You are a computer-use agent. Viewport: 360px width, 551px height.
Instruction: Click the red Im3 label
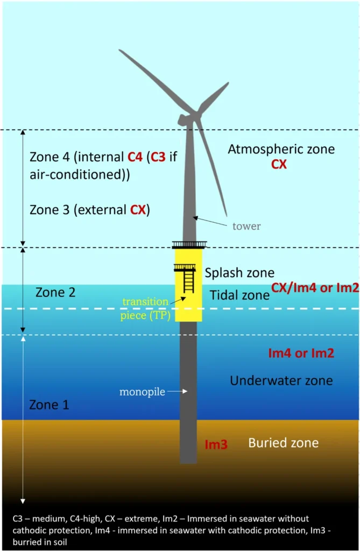(x=216, y=444)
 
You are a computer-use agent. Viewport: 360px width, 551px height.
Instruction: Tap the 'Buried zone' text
(x=284, y=443)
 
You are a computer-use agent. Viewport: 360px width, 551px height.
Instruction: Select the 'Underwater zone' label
(x=281, y=380)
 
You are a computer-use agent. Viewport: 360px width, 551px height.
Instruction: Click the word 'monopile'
(x=142, y=392)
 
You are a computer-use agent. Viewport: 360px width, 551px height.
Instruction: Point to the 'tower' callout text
(x=246, y=226)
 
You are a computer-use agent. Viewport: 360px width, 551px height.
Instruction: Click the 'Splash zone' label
(x=239, y=273)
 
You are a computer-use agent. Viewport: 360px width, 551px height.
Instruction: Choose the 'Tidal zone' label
(x=239, y=295)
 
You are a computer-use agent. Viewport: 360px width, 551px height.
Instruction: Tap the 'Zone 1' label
(x=49, y=405)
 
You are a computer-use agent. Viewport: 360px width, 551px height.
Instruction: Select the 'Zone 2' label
(x=55, y=292)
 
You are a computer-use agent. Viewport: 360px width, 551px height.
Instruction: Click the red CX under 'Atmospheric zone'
(x=279, y=164)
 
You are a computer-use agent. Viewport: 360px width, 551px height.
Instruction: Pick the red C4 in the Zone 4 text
(x=135, y=157)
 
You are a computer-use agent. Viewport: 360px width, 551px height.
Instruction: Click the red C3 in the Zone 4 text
(x=158, y=157)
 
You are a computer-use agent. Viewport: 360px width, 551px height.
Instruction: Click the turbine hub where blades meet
(x=190, y=116)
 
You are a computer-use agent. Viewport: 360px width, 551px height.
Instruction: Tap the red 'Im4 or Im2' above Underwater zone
(x=301, y=353)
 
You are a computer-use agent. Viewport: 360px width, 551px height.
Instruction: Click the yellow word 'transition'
(x=145, y=301)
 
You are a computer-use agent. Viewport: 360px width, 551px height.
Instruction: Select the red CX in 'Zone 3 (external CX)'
(x=138, y=210)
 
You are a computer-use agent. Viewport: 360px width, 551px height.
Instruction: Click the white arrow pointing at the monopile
(x=177, y=391)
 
